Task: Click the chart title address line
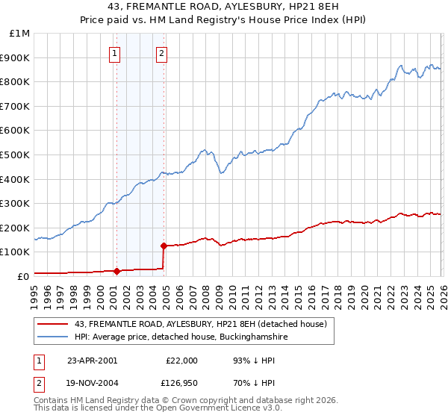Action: pyautogui.click(x=224, y=8)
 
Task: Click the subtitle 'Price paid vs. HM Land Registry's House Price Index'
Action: pyautogui.click(x=224, y=21)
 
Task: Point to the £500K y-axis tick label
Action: pyautogui.click(x=16, y=155)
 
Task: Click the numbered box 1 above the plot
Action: pyautogui.click(x=114, y=53)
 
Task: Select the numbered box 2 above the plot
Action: pyautogui.click(x=161, y=53)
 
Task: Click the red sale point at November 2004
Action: pyautogui.click(x=164, y=245)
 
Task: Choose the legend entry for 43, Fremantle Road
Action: pyautogui.click(x=200, y=324)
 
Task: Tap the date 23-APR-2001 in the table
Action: pyautogui.click(x=92, y=361)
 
